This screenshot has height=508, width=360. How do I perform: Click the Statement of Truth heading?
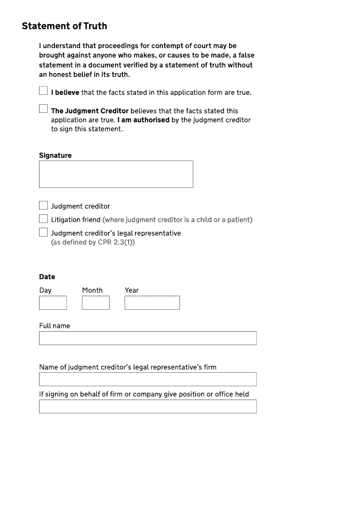pos(64,26)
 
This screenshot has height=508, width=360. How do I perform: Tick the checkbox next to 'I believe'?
pos(43,91)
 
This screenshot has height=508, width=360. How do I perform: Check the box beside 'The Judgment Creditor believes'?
pos(43,109)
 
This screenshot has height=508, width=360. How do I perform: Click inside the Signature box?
pos(116,174)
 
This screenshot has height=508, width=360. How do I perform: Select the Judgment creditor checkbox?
pos(43,205)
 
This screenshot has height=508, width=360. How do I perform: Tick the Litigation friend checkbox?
pos(43,219)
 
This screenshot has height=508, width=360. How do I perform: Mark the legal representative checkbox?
pos(43,232)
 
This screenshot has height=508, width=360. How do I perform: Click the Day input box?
pos(53,303)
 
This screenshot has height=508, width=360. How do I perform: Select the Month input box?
pos(95,303)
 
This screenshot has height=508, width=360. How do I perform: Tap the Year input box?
pos(152,303)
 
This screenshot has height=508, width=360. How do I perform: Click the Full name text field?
pos(148,338)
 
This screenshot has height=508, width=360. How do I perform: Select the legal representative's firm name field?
pos(148,379)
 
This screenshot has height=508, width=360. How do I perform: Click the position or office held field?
pos(148,406)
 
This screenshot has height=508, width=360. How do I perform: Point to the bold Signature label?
pos(55,156)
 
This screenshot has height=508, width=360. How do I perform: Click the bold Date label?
pos(47,277)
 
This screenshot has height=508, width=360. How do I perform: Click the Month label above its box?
pos(92,290)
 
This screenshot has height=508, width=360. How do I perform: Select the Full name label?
pos(54,326)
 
